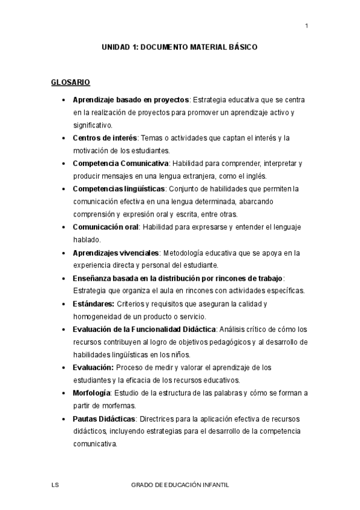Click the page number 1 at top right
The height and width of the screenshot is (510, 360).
[307, 25]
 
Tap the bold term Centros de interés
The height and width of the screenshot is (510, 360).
[105, 138]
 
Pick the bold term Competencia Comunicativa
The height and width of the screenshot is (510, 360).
[120, 163]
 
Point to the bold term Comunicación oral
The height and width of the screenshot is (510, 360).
[106, 227]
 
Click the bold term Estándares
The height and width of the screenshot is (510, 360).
[93, 304]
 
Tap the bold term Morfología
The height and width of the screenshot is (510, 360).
[91, 393]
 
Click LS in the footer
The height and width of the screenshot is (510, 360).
[55, 484]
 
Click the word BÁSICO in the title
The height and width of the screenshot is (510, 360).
[243, 46]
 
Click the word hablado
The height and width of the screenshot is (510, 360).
[87, 239]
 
